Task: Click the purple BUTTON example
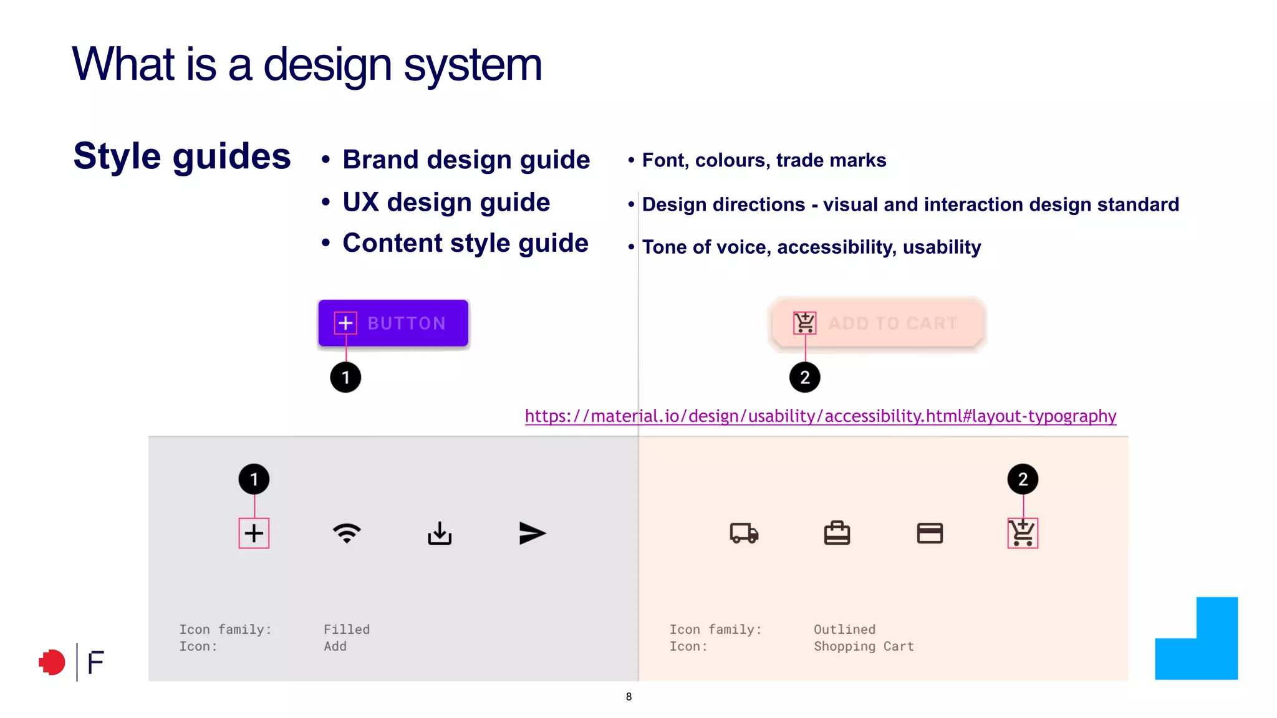(x=393, y=323)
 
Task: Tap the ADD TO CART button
(x=877, y=323)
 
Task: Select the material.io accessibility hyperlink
(x=821, y=416)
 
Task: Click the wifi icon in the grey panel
(x=347, y=534)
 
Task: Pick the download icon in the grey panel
(x=440, y=534)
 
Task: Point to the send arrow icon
(x=532, y=534)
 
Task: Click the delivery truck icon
(x=744, y=534)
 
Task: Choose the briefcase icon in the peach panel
(x=837, y=534)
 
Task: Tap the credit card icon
(x=930, y=534)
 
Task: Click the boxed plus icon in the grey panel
(x=254, y=534)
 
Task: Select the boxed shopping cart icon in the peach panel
(x=1023, y=534)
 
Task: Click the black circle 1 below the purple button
(x=345, y=378)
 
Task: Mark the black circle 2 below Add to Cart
(x=804, y=378)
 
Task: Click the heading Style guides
(x=182, y=156)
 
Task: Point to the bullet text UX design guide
(x=446, y=203)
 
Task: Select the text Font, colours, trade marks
(x=764, y=160)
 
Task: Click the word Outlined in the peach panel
(x=844, y=629)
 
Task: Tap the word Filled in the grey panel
(x=347, y=629)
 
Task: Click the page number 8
(x=629, y=697)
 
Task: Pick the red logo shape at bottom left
(x=52, y=662)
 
